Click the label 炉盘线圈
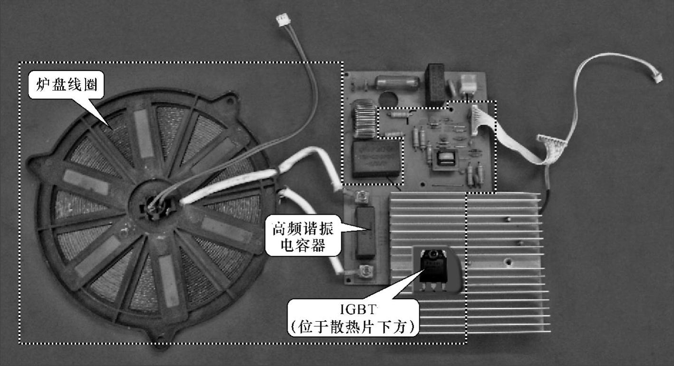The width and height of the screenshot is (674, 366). click(67, 85)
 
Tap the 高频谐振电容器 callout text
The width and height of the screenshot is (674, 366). click(303, 237)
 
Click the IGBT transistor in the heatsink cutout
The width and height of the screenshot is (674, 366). click(433, 270)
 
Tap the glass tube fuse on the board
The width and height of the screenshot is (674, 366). click(397, 82)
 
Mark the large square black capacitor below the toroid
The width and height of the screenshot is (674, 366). click(377, 158)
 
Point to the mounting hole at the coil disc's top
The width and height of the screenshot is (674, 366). click(230, 100)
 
